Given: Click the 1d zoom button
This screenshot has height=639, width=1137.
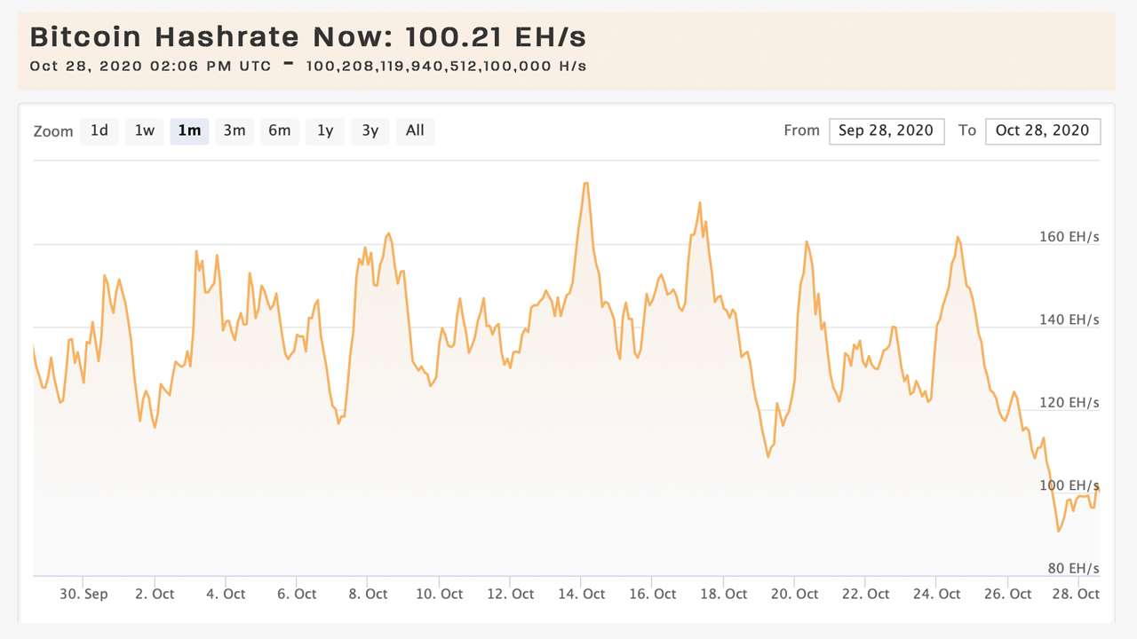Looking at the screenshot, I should coord(99,130).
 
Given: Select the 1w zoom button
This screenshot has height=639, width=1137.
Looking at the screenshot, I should coord(145,130).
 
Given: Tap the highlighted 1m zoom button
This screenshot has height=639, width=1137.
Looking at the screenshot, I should coord(189,130).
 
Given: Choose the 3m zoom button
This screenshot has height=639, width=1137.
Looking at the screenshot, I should coord(235,130).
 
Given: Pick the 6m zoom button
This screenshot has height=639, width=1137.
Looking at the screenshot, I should coord(280,130).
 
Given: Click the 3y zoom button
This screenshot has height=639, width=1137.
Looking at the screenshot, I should coord(370,130).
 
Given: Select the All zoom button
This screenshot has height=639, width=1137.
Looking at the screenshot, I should coord(415,130).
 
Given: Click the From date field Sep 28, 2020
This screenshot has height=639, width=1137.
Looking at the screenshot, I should coord(887,130).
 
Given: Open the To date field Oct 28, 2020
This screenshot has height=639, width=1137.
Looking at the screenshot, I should coord(1043,130).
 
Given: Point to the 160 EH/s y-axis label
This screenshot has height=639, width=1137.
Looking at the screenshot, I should coord(1069,237).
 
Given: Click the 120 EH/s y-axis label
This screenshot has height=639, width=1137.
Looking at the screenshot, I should coord(1069,403).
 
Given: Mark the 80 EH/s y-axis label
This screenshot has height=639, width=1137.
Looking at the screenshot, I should coord(1073,568).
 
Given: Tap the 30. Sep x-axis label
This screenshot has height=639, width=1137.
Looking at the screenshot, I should coord(83,594).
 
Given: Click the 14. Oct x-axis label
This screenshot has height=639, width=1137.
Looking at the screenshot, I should coord(582,594).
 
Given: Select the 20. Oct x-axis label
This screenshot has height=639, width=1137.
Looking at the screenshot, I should coord(795,594).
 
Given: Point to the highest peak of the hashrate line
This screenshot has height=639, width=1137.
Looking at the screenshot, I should coord(585,183).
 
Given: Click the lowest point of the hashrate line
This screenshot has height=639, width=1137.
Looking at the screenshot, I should coord(1059,531).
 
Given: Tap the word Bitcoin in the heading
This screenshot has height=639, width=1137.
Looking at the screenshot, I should coord(85,38).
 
